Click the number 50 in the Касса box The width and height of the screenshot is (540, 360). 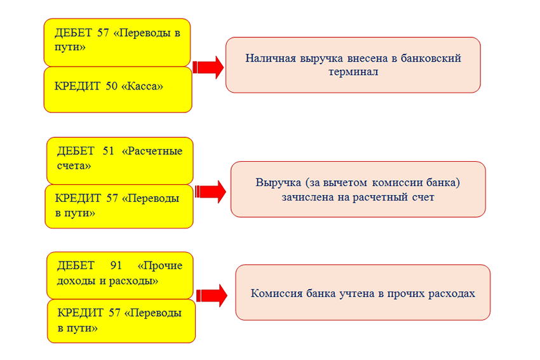coord(112,86)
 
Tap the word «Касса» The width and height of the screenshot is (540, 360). coord(142,86)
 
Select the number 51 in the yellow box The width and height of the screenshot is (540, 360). coord(108,150)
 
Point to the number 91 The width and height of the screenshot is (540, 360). coord(116,265)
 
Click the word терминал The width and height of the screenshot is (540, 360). coord(353,72)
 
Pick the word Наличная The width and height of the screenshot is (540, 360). coord(271,58)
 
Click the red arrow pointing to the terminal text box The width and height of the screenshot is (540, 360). coord(208,67)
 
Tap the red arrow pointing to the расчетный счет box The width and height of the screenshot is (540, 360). coord(210,191)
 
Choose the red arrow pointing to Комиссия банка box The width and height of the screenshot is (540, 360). coord(212,295)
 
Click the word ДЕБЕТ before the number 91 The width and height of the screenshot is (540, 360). coord(76,265)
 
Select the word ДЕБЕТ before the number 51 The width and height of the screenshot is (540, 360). coord(76,151)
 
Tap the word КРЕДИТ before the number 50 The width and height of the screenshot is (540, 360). coord(77,86)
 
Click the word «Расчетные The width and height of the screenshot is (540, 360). coord(152,150)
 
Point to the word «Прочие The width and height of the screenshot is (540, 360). coord(160,265)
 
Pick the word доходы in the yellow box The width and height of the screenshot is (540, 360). coord(76,281)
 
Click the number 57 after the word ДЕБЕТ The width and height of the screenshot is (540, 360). coord(103,32)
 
